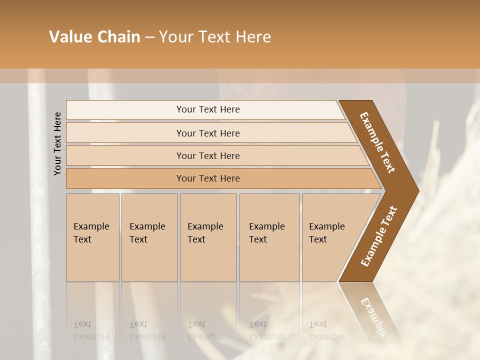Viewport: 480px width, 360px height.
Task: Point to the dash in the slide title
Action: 149,37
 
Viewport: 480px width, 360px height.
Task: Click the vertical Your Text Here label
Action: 57,143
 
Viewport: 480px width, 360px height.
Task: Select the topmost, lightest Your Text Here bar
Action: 208,109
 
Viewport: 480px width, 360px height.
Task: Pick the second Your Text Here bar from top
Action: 208,133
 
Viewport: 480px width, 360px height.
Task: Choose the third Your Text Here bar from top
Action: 208,155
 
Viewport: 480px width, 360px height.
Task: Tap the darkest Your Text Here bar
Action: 208,178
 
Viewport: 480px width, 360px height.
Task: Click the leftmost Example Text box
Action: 92,237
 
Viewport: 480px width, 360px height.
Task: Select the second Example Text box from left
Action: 149,237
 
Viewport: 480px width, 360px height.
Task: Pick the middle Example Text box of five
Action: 207,237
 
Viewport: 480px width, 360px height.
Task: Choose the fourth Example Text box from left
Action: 269,237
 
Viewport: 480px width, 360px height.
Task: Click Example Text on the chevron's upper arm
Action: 377,142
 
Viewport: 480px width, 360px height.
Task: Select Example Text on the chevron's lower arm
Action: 378,236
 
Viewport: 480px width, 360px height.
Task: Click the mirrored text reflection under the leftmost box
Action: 91,330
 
